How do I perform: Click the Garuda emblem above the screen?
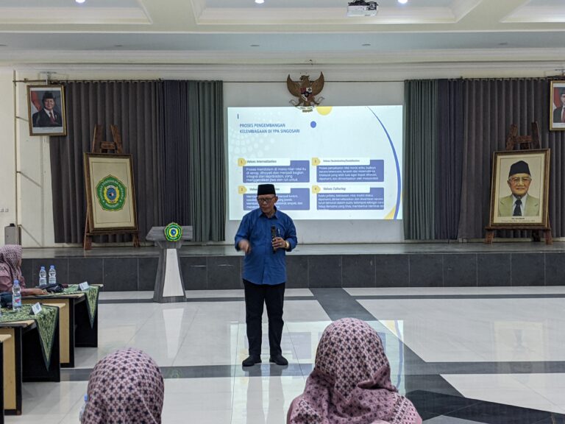pos(305,91)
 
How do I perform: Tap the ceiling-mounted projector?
pos(362,9)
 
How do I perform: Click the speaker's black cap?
pos(266,189)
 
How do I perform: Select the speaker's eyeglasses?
pos(266,199)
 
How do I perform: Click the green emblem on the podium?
pos(172,232)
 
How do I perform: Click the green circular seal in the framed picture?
pos(111,193)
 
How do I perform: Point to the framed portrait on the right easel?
pos(519,188)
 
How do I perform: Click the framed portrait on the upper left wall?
pos(47,110)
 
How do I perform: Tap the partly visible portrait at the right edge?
pos(558,105)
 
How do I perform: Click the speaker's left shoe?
pos(279,360)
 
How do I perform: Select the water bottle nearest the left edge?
pos(16,294)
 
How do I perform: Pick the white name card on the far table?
pos(83,286)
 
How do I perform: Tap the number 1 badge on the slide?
pos(242,161)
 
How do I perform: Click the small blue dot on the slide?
pos(313,124)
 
